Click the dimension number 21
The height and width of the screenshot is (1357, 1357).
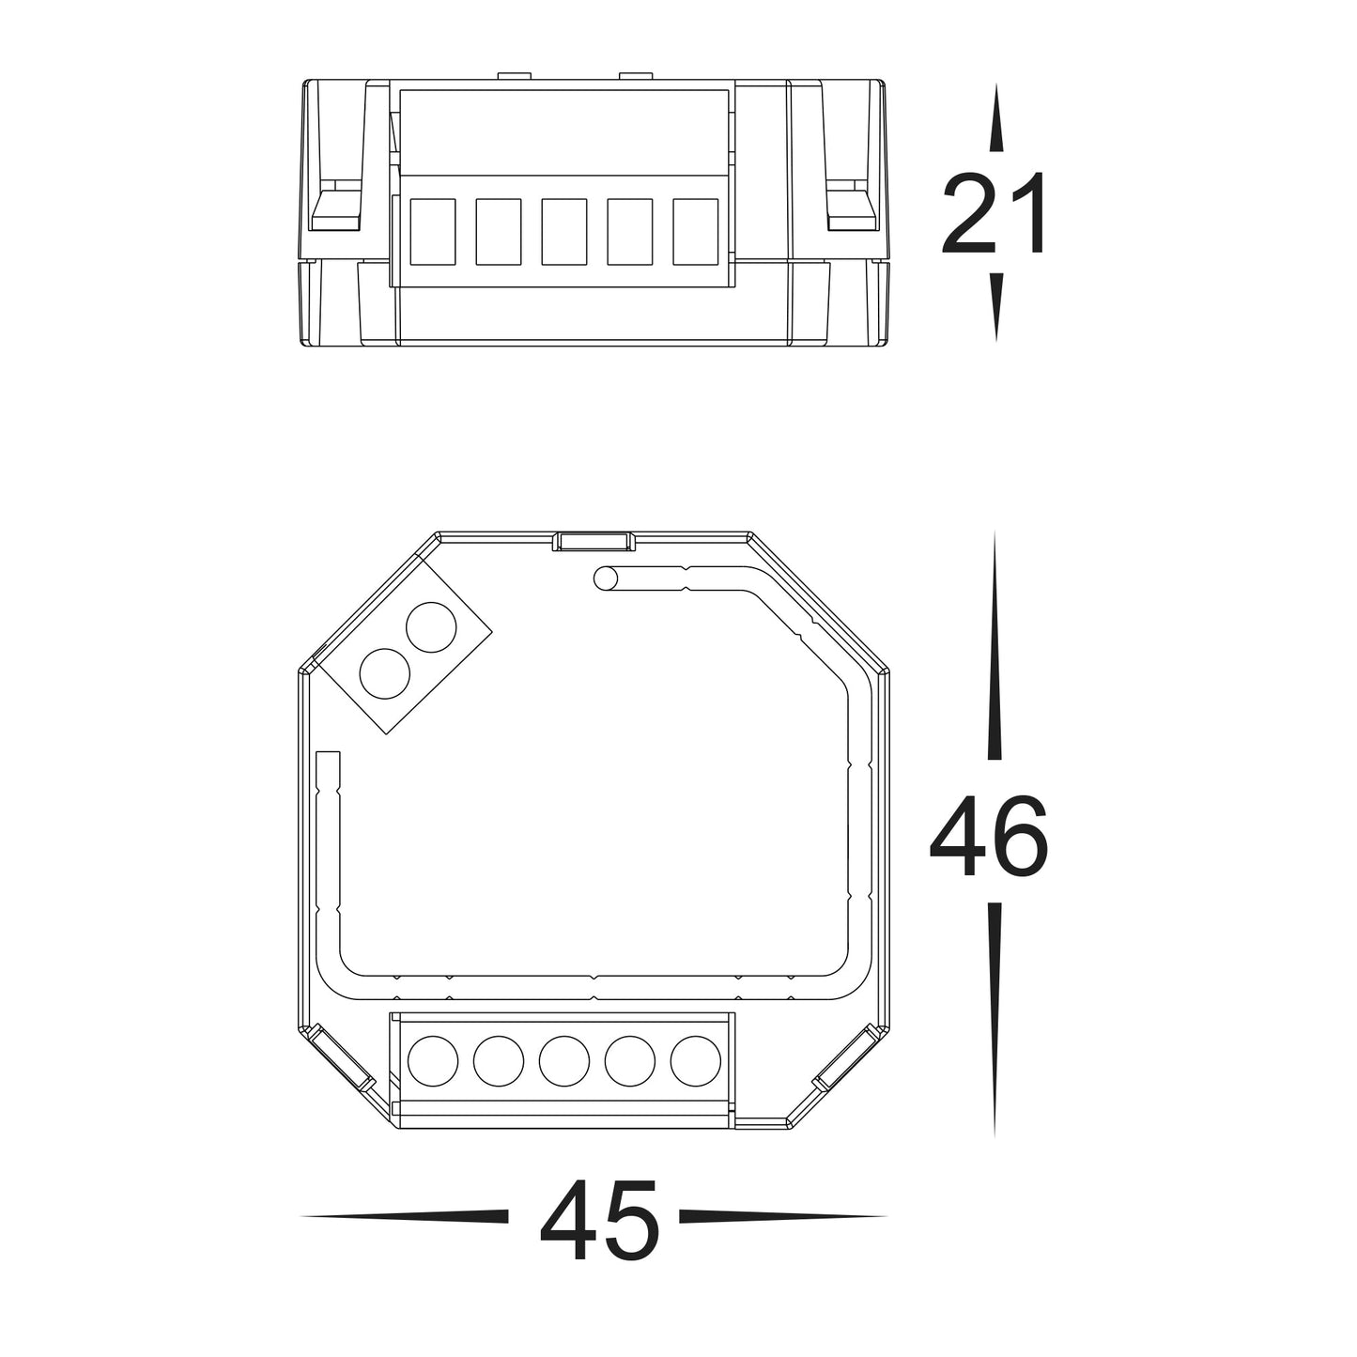click(x=994, y=215)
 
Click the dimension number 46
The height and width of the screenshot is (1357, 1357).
click(x=988, y=837)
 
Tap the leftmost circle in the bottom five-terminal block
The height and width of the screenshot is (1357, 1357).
click(x=433, y=1061)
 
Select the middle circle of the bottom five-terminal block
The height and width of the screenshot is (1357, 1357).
click(x=564, y=1061)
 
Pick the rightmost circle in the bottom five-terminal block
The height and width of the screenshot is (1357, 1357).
click(x=696, y=1061)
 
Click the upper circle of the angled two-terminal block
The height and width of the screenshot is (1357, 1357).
click(x=431, y=626)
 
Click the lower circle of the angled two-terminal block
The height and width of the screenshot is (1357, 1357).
click(x=385, y=673)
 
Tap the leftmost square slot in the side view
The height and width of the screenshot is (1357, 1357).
click(x=433, y=231)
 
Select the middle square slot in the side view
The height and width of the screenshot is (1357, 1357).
click(x=564, y=231)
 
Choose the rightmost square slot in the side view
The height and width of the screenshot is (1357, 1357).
click(x=696, y=231)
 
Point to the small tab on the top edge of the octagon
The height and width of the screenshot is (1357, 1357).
click(x=594, y=542)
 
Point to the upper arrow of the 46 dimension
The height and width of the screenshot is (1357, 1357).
click(x=995, y=648)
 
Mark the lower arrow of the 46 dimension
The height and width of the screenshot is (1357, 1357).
click(x=995, y=1019)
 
